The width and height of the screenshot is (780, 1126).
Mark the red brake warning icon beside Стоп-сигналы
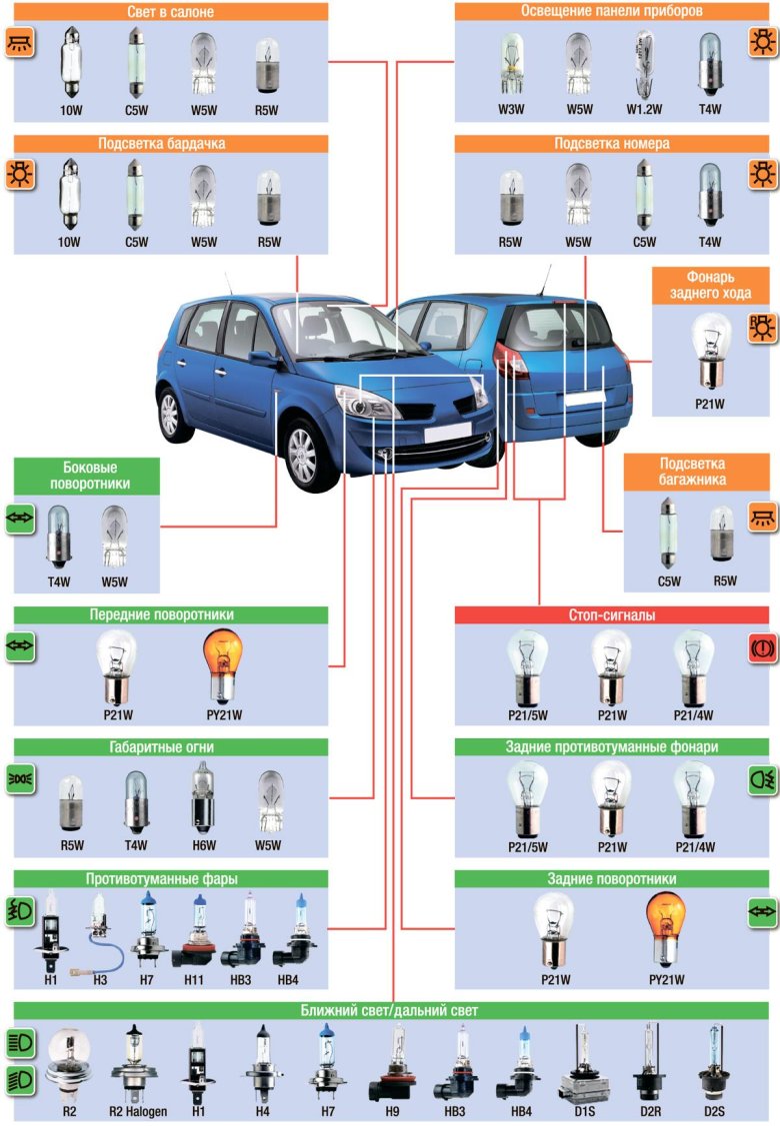(763, 648)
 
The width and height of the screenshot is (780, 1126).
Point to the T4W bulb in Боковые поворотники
(57, 540)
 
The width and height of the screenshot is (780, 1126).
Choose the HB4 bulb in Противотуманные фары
(295, 934)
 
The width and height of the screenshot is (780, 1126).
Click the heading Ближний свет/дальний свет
(389, 1011)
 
